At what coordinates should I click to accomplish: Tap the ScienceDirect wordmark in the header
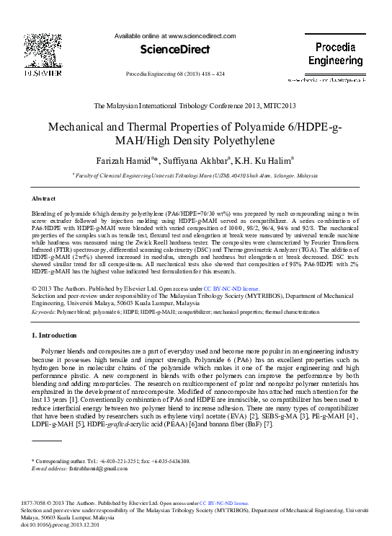coord(175,50)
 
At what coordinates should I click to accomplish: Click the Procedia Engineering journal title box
coord(335,53)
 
